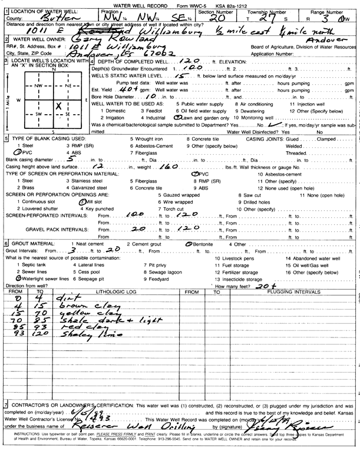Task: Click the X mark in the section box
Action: pyautogui.click(x=58, y=106)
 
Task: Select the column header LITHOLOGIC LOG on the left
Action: pyautogui.click(x=103, y=291)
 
